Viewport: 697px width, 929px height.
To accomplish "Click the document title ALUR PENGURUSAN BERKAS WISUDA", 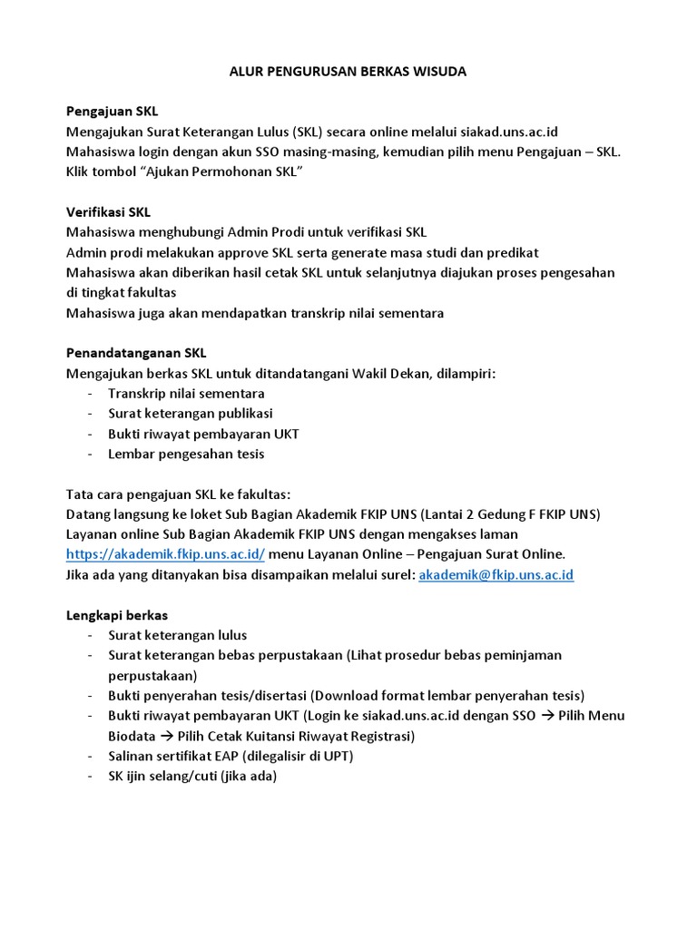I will [348, 71].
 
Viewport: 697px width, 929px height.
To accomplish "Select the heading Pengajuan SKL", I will [112, 112].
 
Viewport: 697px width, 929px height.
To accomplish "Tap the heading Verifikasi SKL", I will [109, 212].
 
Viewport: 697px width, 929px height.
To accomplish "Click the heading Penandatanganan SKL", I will [142, 353].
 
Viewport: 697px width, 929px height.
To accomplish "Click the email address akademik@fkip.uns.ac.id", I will [496, 575].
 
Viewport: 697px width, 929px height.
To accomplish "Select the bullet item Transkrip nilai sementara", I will [186, 394].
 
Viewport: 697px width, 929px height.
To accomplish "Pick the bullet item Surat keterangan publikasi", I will [191, 414].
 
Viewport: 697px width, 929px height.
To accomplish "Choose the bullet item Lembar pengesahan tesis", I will [186, 454].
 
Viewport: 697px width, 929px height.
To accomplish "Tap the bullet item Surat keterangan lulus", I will [177, 635].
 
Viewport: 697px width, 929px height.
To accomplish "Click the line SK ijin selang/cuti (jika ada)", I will [191, 776].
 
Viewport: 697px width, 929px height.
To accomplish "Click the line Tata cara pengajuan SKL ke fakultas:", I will [179, 494].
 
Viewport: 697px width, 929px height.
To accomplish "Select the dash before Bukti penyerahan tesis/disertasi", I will [90, 696].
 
